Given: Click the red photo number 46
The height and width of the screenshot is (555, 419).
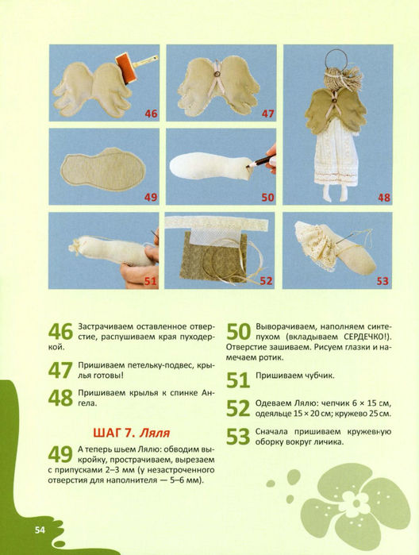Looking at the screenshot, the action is (x=151, y=114).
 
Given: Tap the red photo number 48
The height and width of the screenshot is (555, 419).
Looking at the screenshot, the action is (x=384, y=197).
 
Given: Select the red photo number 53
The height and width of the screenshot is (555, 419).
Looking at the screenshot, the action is (x=382, y=281).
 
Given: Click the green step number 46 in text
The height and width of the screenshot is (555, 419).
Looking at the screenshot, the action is (x=60, y=332).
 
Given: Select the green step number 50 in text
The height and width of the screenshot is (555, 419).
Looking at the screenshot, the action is (x=238, y=332).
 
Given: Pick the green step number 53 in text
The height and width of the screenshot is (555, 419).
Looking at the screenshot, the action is (x=238, y=437).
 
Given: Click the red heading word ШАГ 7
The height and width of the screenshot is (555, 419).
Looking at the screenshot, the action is (x=114, y=433).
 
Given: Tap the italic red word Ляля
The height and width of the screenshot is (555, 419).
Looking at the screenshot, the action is (x=155, y=433).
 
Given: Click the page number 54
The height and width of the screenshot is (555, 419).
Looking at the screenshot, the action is (x=40, y=530).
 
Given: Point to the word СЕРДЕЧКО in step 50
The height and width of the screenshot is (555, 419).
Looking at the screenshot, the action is (x=363, y=337).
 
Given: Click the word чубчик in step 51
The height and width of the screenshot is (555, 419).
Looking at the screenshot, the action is (x=320, y=376).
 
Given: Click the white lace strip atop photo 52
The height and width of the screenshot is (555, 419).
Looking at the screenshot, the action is (x=217, y=222).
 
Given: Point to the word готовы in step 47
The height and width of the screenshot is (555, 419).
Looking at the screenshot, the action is (x=108, y=376).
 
